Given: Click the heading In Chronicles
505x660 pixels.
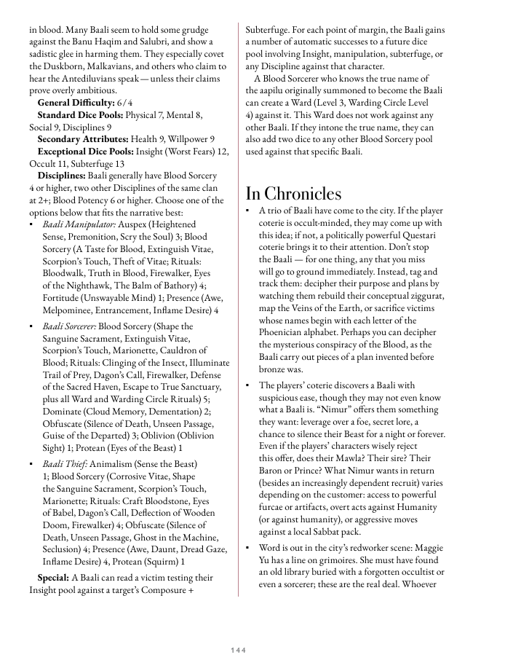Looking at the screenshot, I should pos(293,193).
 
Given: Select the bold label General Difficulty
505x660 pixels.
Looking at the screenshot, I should pos(76,103).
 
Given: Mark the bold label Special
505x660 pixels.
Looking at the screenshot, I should pos(53,578).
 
